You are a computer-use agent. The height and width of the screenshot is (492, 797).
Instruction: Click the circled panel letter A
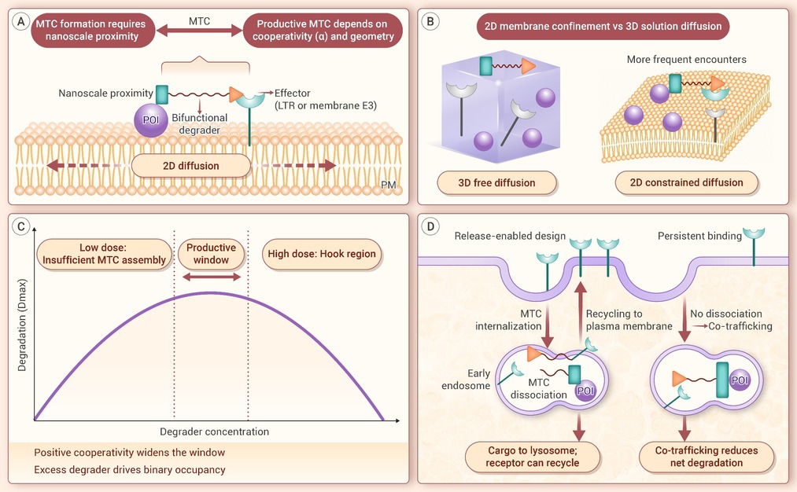coord(20,22)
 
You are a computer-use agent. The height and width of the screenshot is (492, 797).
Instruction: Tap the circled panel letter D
coord(430,226)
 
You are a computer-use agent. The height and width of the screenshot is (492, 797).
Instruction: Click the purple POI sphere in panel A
coord(151,119)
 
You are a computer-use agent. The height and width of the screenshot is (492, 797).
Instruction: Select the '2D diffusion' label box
coord(191,166)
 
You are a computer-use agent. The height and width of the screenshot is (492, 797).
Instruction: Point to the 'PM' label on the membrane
coord(389,185)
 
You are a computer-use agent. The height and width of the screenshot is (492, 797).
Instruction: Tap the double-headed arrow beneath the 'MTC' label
coord(199,31)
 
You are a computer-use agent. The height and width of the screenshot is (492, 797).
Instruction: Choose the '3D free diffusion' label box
coord(496,183)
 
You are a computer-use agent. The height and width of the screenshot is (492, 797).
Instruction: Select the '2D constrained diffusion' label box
coord(686,183)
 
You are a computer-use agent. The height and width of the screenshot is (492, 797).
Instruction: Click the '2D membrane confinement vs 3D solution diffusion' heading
coord(603,27)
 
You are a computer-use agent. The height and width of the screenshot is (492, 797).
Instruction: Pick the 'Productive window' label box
coord(211,254)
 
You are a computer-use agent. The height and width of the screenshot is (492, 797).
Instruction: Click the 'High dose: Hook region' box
coord(322,254)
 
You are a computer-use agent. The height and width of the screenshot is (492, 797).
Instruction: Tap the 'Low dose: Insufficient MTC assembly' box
coord(104,254)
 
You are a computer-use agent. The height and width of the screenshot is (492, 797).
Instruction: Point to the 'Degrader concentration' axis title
coord(215,431)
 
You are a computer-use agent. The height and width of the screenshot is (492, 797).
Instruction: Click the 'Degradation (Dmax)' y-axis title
coord(22,325)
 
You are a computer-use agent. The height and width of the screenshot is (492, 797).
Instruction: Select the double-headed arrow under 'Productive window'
coord(212,277)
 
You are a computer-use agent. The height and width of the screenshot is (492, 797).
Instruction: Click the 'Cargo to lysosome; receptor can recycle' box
coord(532,457)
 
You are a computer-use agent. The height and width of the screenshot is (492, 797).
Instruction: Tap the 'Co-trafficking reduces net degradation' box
coord(707,457)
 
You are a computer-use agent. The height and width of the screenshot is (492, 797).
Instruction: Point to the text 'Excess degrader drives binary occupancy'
coord(130,470)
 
